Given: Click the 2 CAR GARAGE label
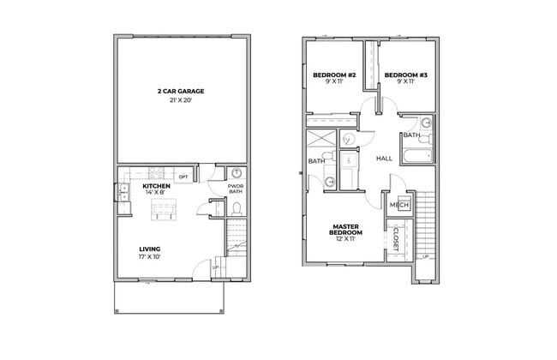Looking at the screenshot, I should tap(180, 90).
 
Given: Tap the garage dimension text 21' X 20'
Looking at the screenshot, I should tap(180, 100).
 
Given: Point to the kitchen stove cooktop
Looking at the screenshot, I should tap(157, 171).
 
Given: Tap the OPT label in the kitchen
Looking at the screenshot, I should tap(183, 177).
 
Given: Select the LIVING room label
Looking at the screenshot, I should tap(151, 249).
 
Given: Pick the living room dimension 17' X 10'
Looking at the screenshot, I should tap(151, 257).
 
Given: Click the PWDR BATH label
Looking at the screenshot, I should tap(236, 189).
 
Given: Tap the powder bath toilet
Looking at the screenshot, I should tap(236, 208).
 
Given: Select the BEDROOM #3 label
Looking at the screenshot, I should tap(405, 75).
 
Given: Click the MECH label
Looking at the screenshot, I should tap(398, 205).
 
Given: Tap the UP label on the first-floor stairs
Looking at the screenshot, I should tap(215, 267).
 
